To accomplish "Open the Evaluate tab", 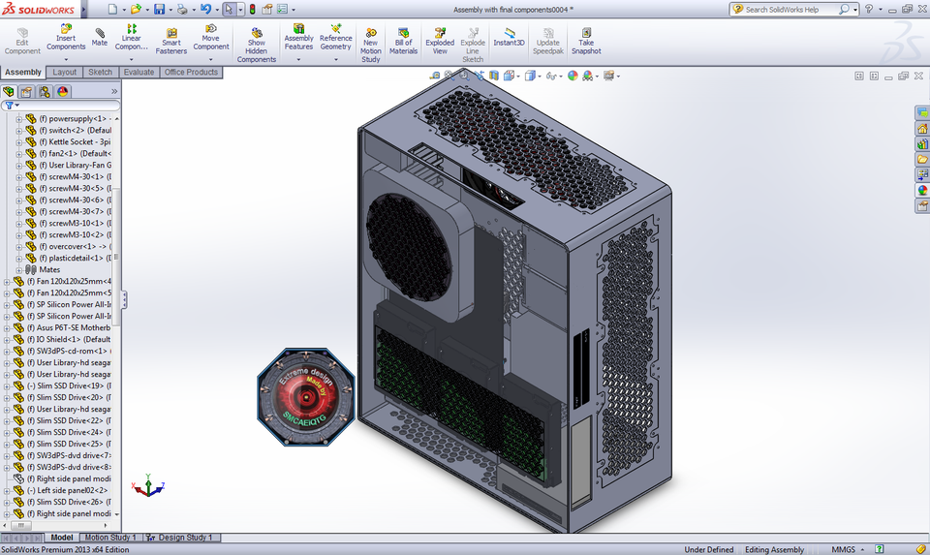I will click(139, 73).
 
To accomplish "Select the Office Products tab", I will click(191, 73).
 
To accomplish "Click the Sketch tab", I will click(100, 73).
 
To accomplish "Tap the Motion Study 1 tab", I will click(109, 538).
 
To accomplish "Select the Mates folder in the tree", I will click(49, 270).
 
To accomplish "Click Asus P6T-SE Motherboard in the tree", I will click(74, 328).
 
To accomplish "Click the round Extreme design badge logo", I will click(307, 398).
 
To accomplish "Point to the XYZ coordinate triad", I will click(148, 485).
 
